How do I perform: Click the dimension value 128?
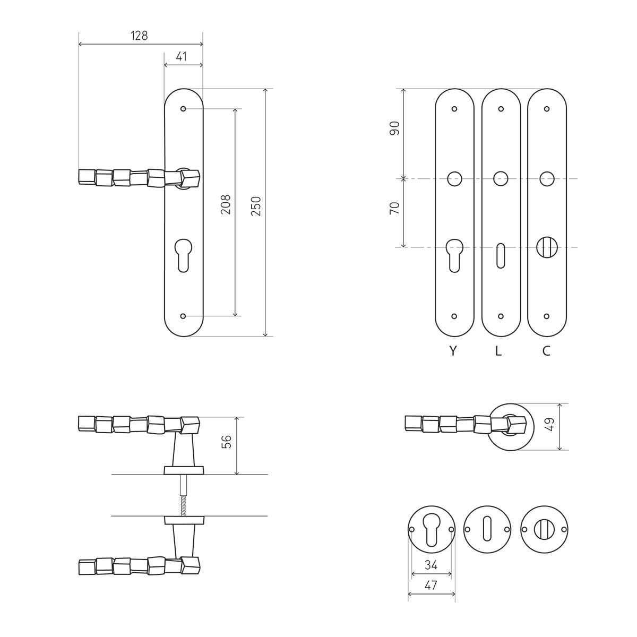click(x=139, y=36)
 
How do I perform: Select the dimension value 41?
click(x=182, y=56)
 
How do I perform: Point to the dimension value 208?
click(x=226, y=204)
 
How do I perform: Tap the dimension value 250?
click(x=256, y=206)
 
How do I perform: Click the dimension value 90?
click(x=395, y=128)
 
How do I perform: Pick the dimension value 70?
click(x=395, y=208)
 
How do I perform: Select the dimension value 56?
click(x=227, y=442)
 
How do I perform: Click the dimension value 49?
click(x=550, y=425)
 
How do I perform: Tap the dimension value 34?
click(x=431, y=565)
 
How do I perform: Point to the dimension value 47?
click(x=431, y=586)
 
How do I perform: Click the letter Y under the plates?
click(x=453, y=351)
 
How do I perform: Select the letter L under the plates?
click(x=498, y=351)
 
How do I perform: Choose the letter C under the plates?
click(x=546, y=351)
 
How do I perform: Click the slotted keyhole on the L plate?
click(x=501, y=256)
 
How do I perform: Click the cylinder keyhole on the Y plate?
click(x=454, y=255)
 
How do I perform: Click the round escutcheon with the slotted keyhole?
click(x=487, y=529)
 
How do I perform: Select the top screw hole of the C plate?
click(x=546, y=109)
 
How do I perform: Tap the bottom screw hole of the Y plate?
click(x=454, y=316)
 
